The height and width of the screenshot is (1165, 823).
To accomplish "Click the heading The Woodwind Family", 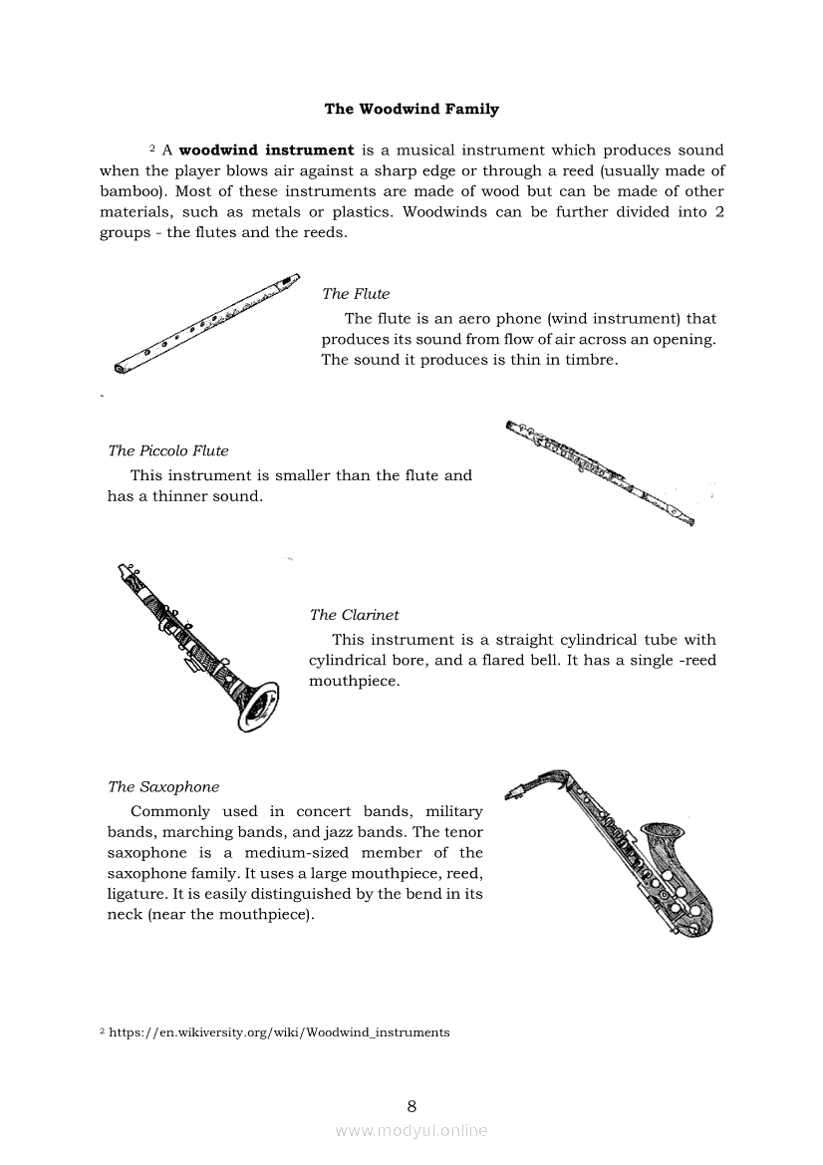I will pyautogui.click(x=411, y=109).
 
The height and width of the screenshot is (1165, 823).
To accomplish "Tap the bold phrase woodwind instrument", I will pyautogui.click(x=266, y=150).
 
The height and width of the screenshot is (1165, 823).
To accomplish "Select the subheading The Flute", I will pyautogui.click(x=356, y=294).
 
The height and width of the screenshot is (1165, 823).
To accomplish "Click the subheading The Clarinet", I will pyautogui.click(x=354, y=615).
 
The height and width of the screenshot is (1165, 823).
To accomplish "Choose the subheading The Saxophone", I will pyautogui.click(x=163, y=786).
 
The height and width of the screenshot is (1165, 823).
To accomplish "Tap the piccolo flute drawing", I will pyautogui.click(x=599, y=471).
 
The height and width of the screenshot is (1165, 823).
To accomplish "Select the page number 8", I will pyautogui.click(x=411, y=1105).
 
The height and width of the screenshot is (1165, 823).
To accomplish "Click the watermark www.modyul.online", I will pyautogui.click(x=411, y=1130).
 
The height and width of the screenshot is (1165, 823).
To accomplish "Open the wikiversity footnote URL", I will pyautogui.click(x=279, y=1032).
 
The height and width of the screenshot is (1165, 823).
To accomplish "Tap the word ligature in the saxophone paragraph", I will pyautogui.click(x=137, y=894).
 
